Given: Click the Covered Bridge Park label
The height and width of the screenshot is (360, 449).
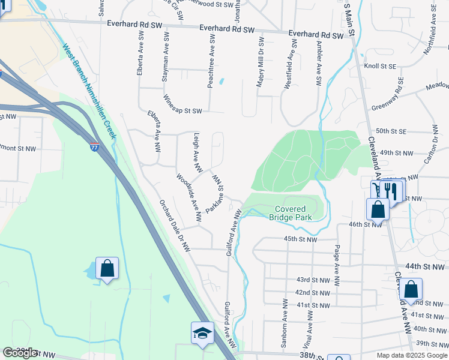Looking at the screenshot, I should (x=290, y=213).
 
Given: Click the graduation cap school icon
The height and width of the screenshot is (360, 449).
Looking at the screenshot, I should (x=202, y=333).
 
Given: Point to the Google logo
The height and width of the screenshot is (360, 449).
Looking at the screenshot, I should (x=20, y=353).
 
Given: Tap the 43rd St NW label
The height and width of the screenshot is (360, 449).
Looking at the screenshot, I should (x=312, y=280).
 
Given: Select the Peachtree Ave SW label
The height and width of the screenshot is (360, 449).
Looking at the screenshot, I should (x=211, y=61).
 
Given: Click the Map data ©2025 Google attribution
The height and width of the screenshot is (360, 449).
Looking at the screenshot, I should (x=411, y=355).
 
